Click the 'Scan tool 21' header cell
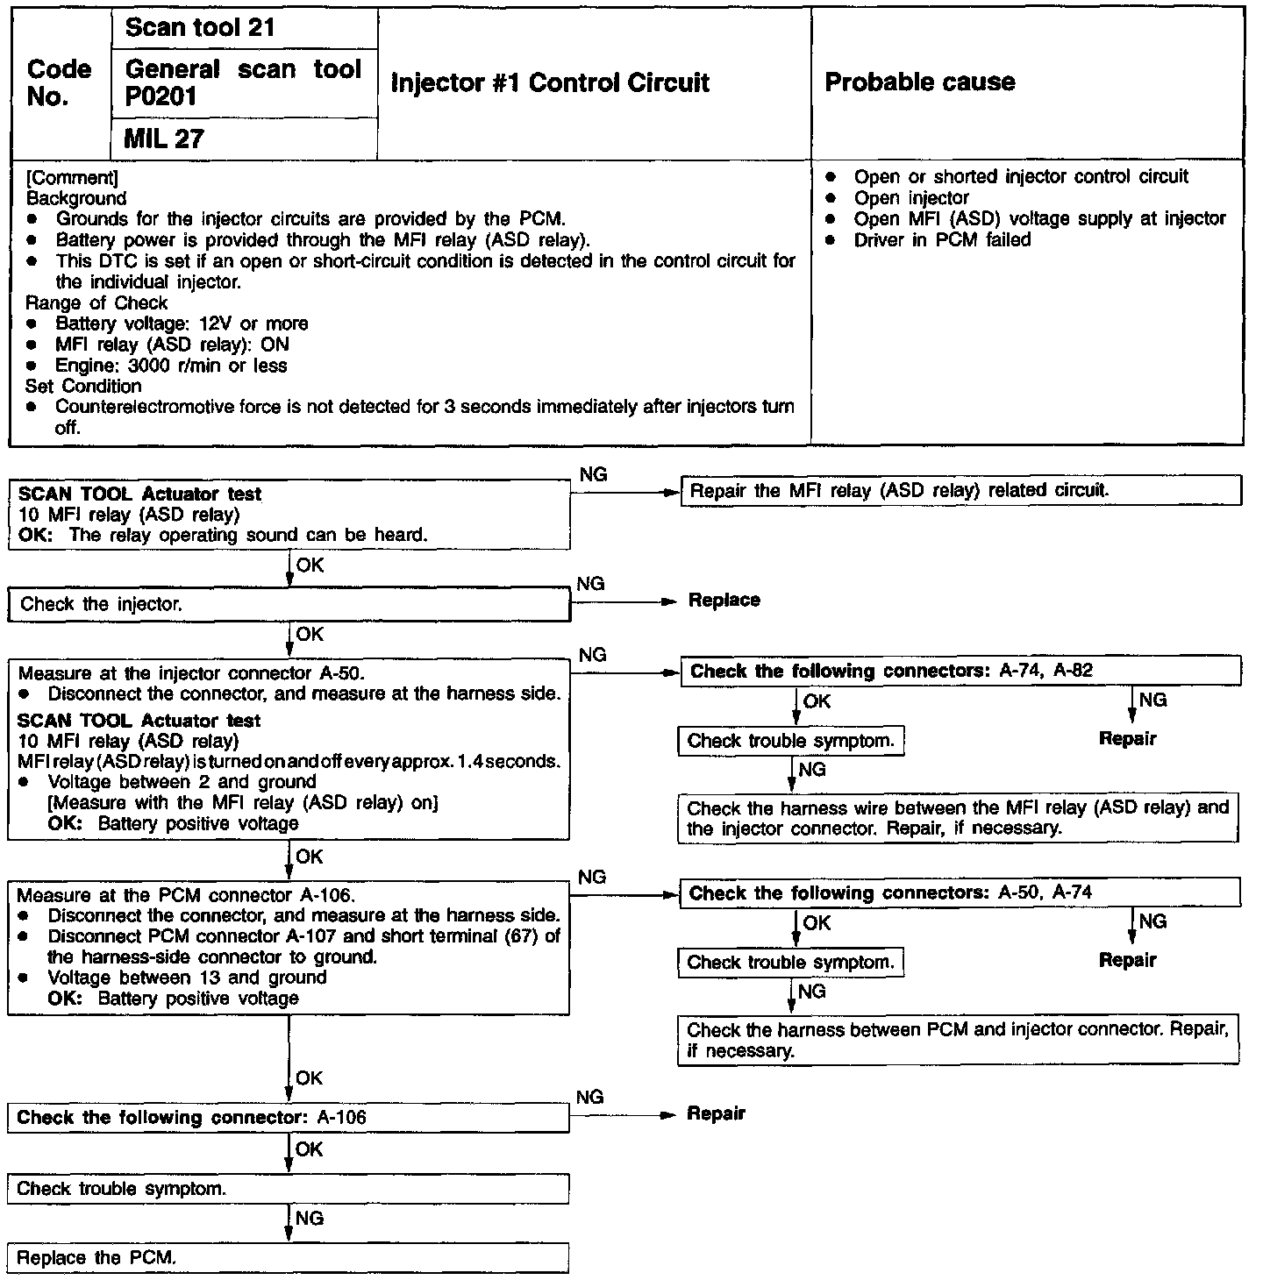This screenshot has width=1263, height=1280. point(200,28)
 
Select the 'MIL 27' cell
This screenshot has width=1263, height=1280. point(164,139)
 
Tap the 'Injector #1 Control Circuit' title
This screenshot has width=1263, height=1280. point(550,83)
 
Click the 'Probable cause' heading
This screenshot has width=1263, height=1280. point(920,82)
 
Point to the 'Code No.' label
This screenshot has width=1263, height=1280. point(59,82)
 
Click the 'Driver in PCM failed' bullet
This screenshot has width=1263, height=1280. point(942,240)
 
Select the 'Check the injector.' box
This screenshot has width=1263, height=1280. point(289,604)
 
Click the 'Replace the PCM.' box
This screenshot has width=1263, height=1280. point(289,1258)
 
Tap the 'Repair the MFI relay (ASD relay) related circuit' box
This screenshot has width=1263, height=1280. point(960,491)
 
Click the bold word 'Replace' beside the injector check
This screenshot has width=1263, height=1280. point(724,601)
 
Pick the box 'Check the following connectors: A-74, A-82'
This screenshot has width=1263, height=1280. point(960,672)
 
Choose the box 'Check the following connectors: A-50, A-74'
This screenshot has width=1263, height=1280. point(960,893)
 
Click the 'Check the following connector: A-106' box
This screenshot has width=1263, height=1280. point(289,1118)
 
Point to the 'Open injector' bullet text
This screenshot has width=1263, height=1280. point(911,198)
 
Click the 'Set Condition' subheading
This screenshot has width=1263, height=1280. point(83,387)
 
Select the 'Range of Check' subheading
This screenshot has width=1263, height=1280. point(96,303)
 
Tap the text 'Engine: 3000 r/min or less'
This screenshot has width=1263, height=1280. point(171,366)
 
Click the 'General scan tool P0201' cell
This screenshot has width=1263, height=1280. point(243,82)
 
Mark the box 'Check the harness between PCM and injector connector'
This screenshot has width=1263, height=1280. point(958,1040)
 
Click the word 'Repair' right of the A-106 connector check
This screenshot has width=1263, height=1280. point(716,1114)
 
